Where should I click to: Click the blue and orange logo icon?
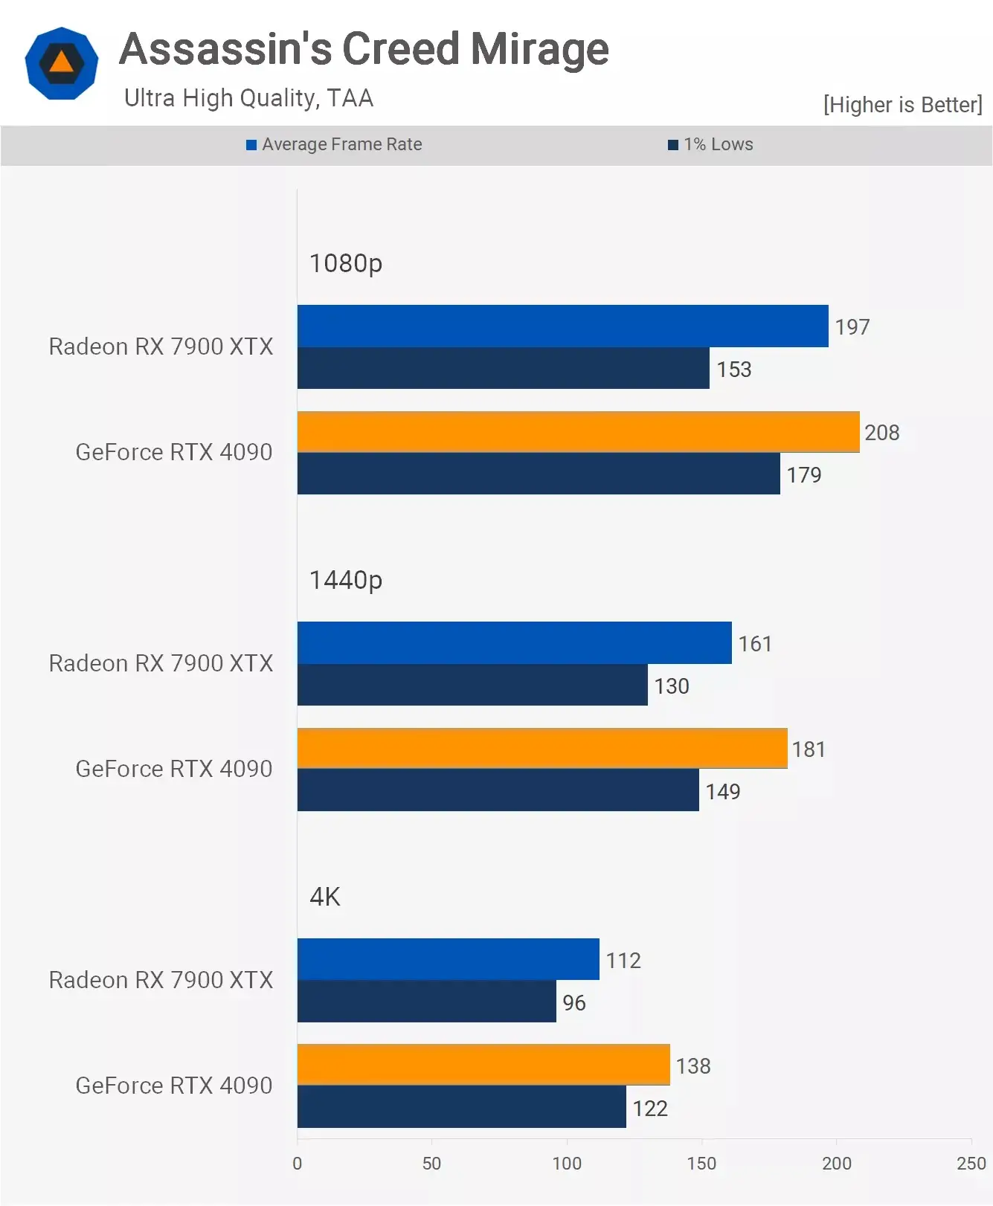[x=62, y=63]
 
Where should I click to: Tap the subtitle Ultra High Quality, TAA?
[x=248, y=98]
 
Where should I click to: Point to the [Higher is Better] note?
[x=902, y=105]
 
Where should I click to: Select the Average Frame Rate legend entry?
[x=334, y=144]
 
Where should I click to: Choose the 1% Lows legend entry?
[x=710, y=144]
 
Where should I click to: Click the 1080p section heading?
[x=345, y=263]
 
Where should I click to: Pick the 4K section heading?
[x=325, y=897]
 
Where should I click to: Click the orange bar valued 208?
[x=578, y=432]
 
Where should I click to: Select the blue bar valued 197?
[x=562, y=326]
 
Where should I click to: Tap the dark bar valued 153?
[x=503, y=368]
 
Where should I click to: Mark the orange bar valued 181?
[x=542, y=748]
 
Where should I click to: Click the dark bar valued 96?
[x=426, y=1002]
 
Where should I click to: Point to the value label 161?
[x=755, y=644]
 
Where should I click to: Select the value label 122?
[x=650, y=1109]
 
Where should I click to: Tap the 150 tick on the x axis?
[x=701, y=1164]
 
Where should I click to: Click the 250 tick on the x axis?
[x=971, y=1164]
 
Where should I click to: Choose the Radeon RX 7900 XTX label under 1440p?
[x=161, y=663]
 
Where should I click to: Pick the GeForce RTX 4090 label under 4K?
[x=174, y=1086]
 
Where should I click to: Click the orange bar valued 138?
[x=483, y=1065]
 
